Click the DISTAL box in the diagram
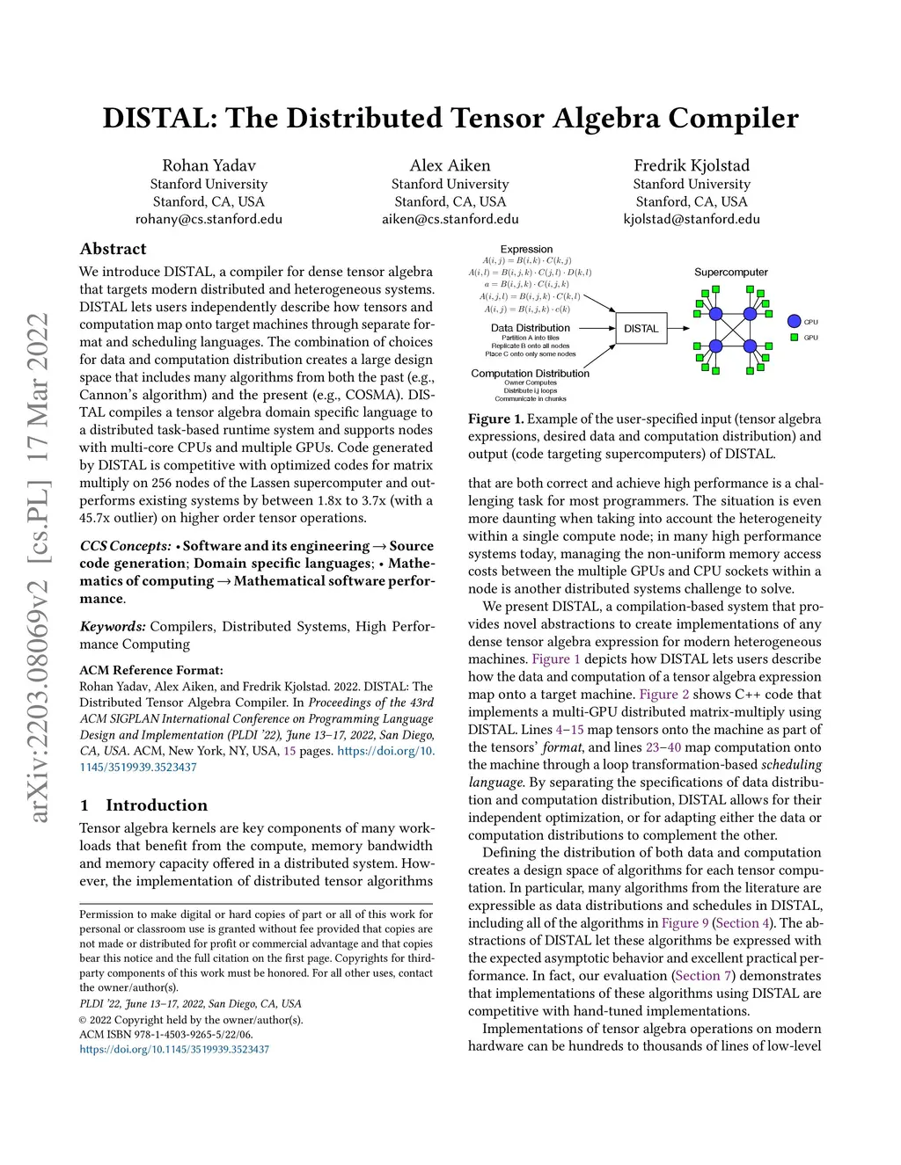[641, 329]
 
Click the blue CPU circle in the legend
[795, 322]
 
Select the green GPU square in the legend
[795, 338]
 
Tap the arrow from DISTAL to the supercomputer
[679, 329]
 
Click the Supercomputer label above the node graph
[730, 273]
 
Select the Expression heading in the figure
[526, 250]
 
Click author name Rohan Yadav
[209, 165]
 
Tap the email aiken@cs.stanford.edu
[450, 219]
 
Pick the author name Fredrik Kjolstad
[692, 165]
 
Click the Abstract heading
[113, 249]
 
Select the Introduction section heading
[157, 805]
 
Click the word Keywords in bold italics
[113, 627]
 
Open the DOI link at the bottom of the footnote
[174, 1049]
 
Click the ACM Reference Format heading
[151, 670]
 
